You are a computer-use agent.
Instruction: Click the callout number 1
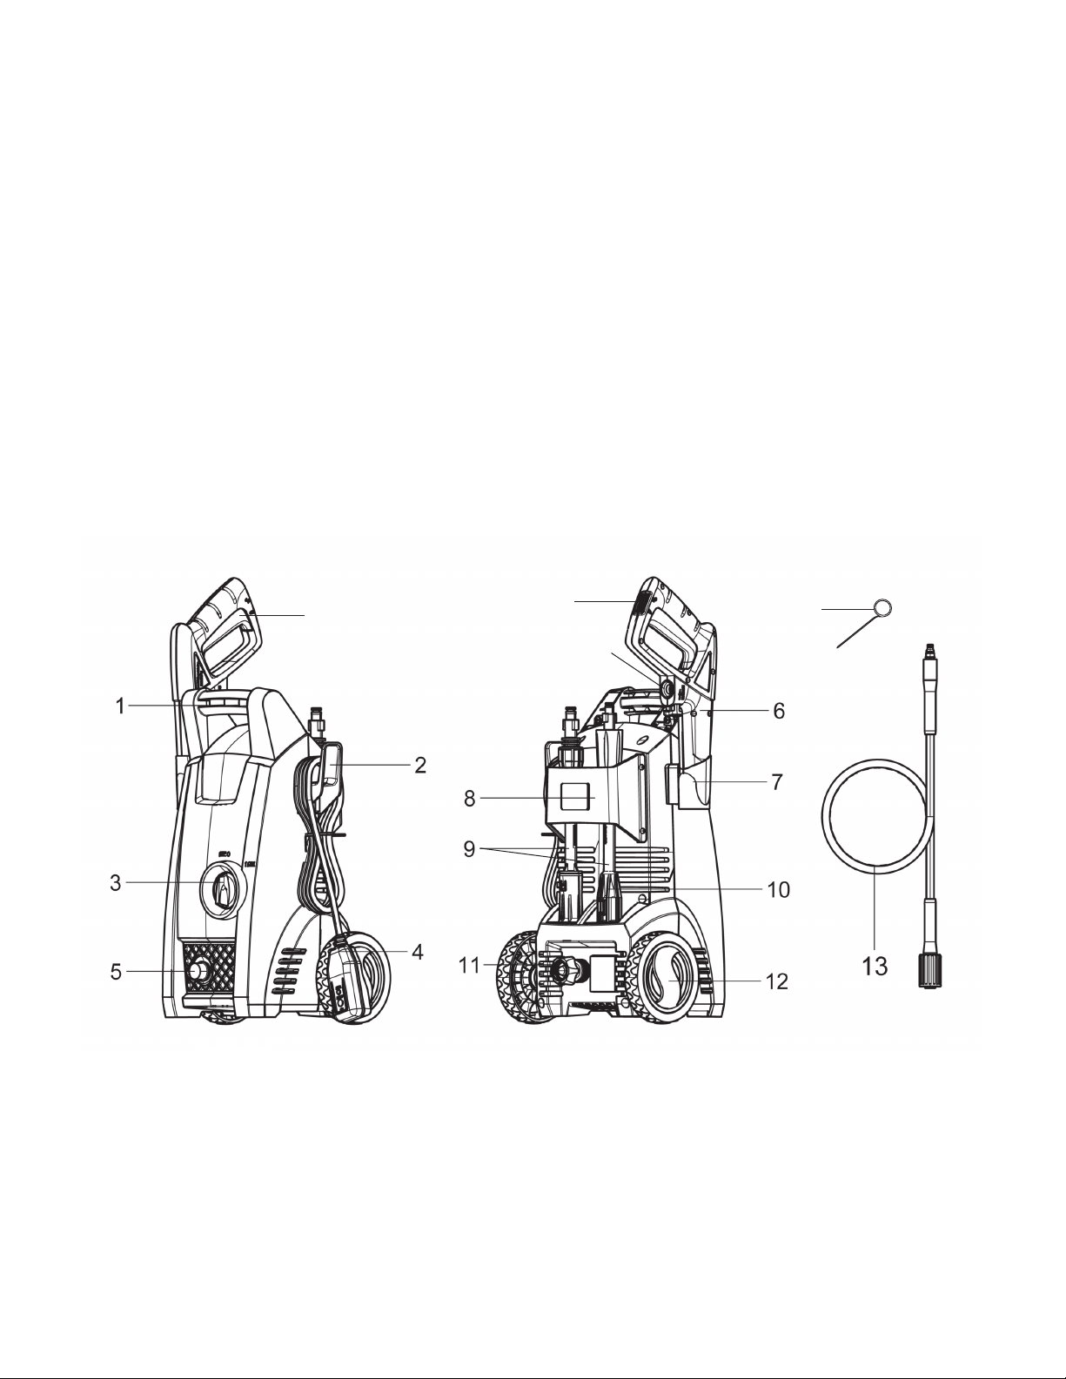[121, 706]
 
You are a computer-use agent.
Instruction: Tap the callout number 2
[420, 766]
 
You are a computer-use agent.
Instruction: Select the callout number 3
[116, 883]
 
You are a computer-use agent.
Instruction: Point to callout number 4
[417, 952]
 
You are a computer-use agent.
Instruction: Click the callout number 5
[116, 972]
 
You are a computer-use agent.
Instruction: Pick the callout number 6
[779, 711]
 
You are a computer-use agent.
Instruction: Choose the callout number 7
[777, 782]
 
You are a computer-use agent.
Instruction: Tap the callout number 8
[470, 799]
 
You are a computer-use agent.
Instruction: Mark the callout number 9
[470, 849]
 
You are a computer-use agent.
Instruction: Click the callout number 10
[779, 890]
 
